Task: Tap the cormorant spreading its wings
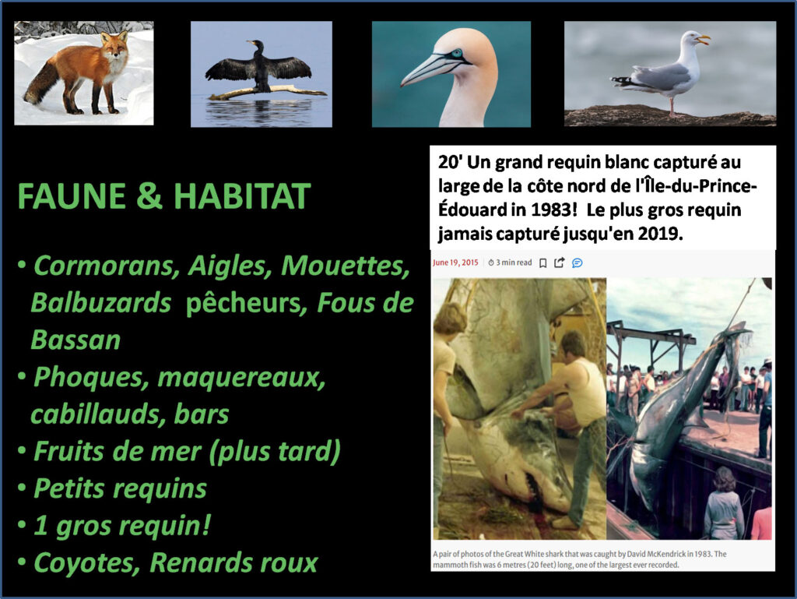coord(258,68)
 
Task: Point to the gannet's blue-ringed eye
coord(456,54)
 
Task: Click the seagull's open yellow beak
coord(704,39)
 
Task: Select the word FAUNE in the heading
coord(72,196)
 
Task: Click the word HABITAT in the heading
coord(242,196)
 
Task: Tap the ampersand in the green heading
coord(149,196)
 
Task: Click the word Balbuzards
coord(101,303)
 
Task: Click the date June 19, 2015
coord(455,263)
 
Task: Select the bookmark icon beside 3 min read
coord(542,263)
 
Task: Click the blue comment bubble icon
coord(578,263)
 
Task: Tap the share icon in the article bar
coord(560,263)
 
